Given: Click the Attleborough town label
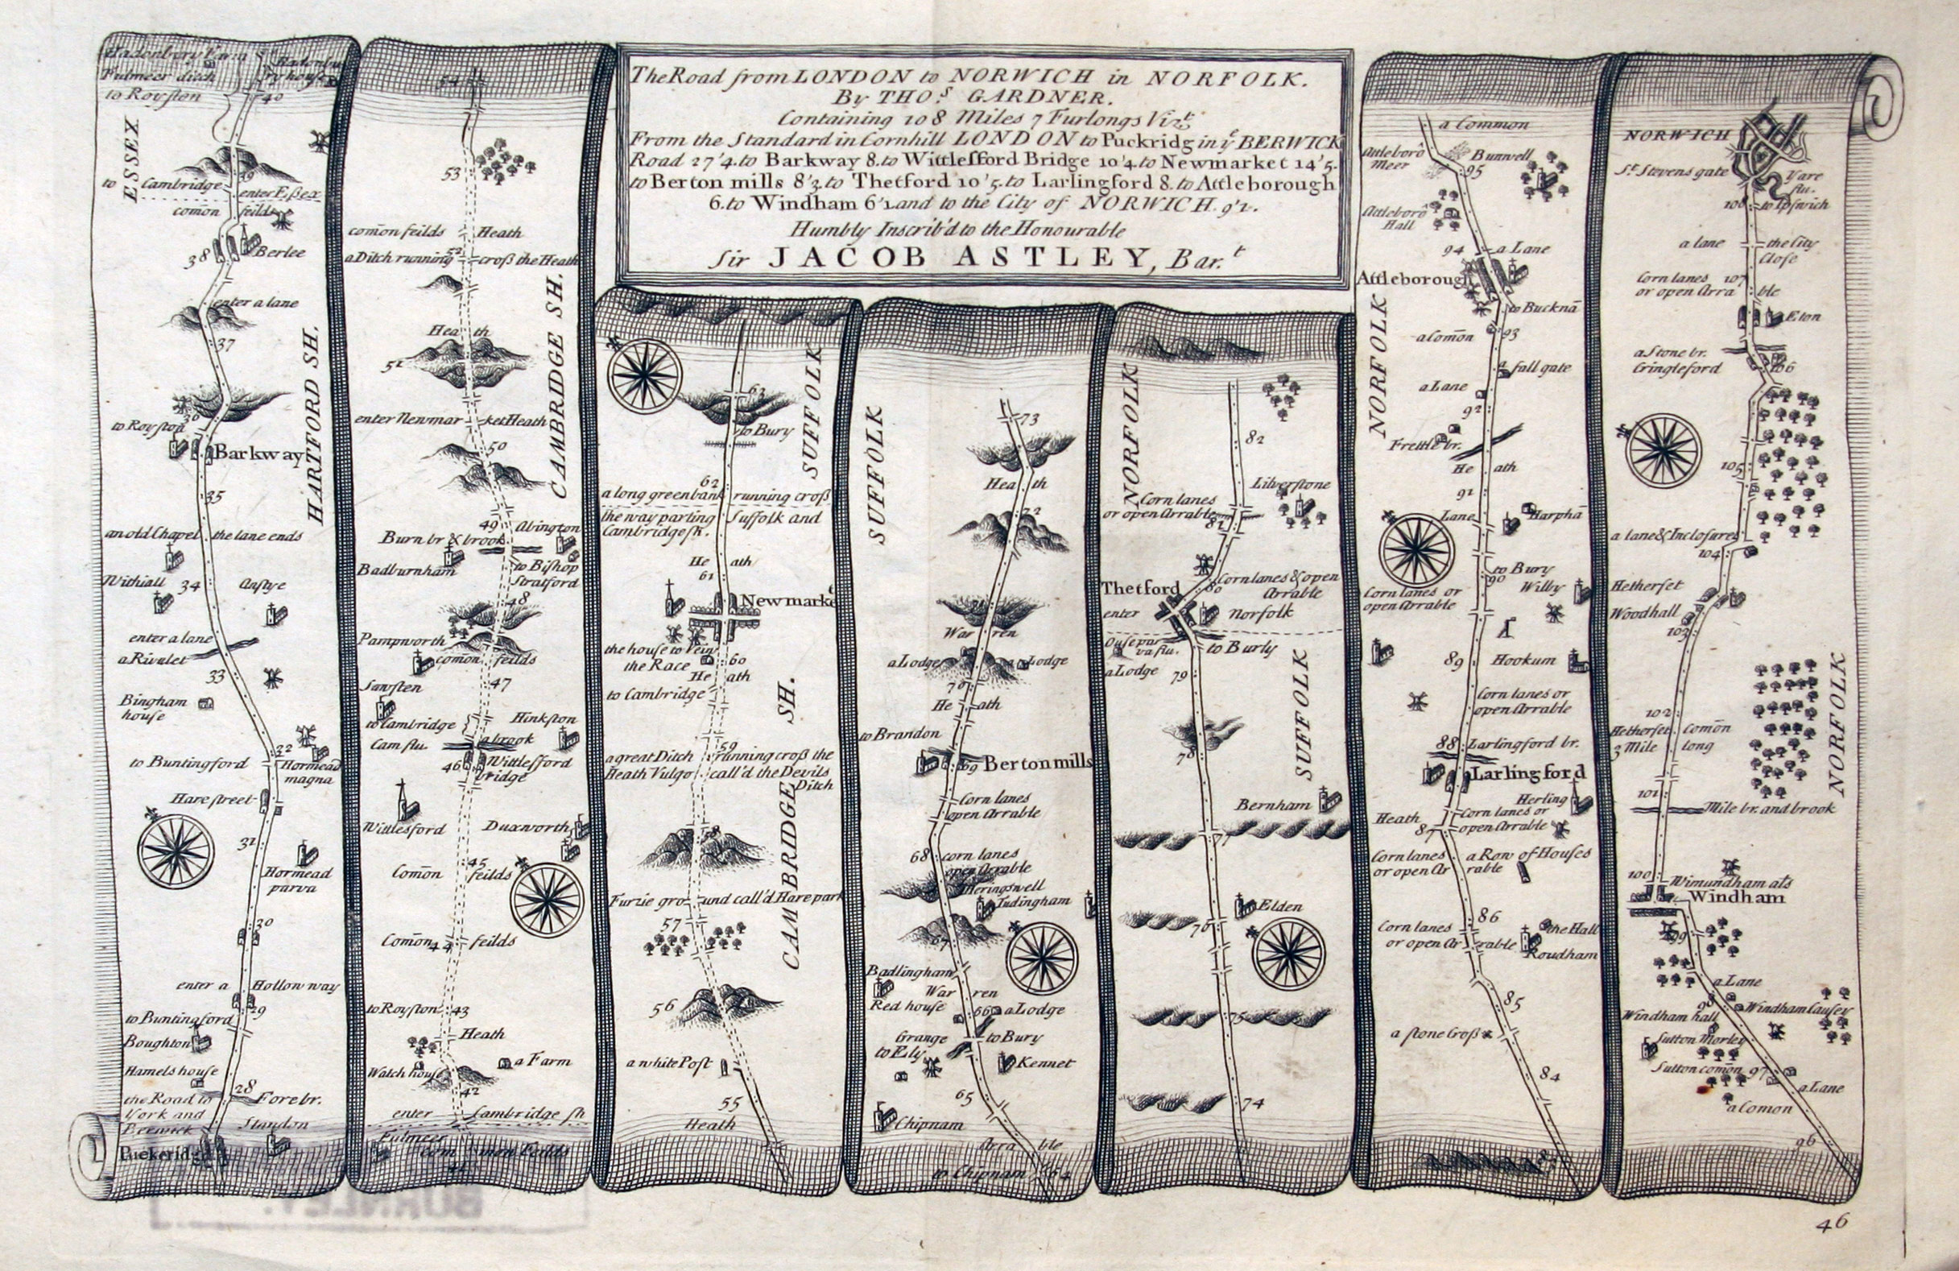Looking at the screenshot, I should click(x=1411, y=279).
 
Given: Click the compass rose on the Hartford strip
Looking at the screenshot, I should click(x=176, y=852).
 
